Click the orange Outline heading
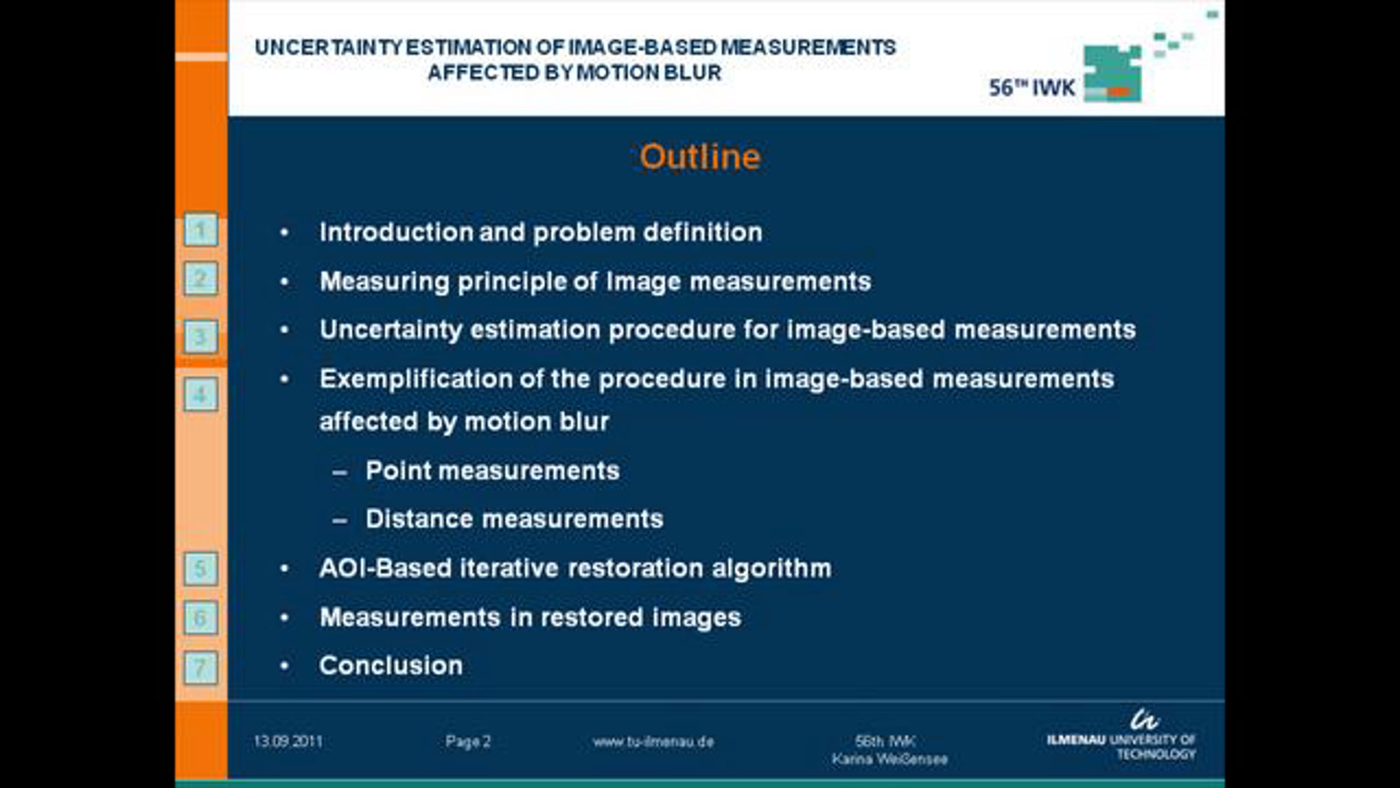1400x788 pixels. coord(700,156)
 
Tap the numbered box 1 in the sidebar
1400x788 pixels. coord(201,230)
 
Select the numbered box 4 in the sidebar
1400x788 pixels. coord(201,395)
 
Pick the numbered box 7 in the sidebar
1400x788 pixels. coord(201,667)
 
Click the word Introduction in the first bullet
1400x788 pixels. coord(395,232)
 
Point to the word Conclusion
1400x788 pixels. coord(391,665)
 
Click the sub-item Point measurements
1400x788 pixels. coord(492,470)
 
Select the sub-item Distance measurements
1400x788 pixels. coord(514,518)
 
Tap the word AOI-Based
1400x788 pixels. coord(385,568)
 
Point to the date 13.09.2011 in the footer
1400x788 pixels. coord(288,741)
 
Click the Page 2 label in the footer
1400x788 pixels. coord(468,741)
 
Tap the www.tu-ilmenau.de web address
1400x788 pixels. coord(653,741)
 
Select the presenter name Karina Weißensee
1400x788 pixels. coord(890,759)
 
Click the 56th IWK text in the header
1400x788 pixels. coord(1031,88)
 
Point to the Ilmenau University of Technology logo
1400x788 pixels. coord(1121,737)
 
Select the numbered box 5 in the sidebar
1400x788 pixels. coord(201,569)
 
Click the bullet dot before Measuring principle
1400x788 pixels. coord(285,282)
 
